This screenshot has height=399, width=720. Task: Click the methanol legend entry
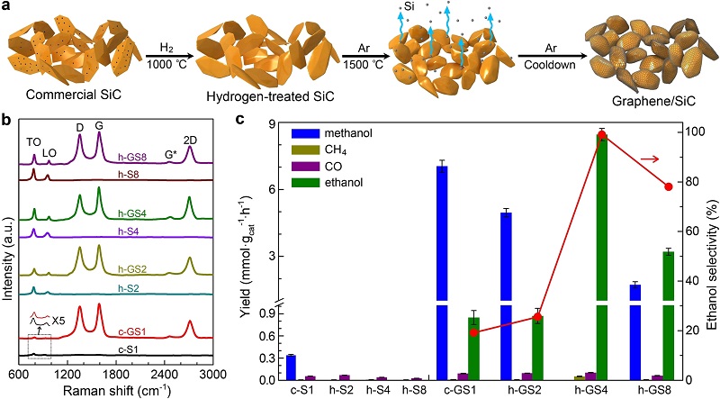[310, 134]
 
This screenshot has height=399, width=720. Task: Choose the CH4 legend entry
[310, 150]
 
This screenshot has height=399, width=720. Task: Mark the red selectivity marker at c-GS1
[472, 332]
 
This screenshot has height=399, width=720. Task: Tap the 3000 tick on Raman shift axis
[212, 371]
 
